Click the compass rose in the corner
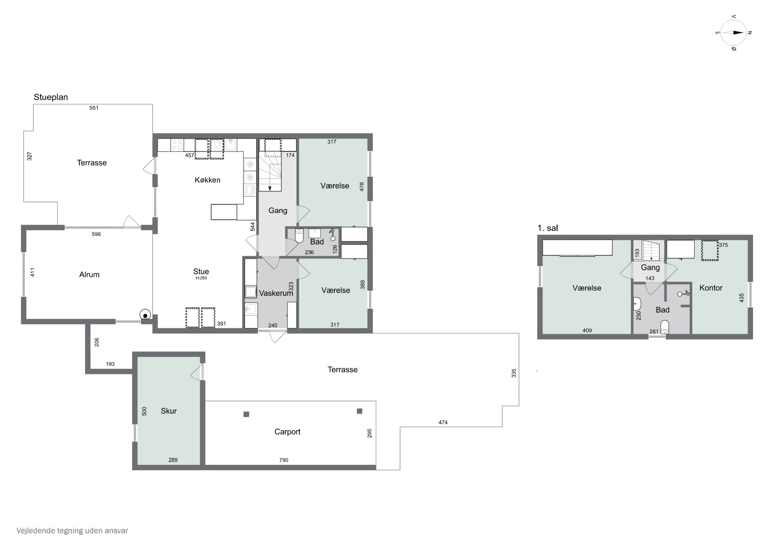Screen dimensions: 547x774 (733, 33)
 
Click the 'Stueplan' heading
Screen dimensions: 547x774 (51, 97)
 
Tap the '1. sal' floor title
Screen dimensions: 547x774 (547, 228)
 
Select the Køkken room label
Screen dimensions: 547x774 (207, 180)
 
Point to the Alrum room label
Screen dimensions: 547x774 (89, 275)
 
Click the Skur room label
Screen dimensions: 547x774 (168, 411)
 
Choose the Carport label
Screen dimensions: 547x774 (287, 432)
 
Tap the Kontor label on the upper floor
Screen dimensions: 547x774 (711, 288)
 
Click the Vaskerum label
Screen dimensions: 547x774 (276, 293)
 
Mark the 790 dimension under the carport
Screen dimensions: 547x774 (284, 460)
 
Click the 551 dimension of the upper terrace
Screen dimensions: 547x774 (94, 108)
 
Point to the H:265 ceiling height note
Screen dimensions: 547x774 (201, 278)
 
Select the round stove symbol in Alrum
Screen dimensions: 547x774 (145, 315)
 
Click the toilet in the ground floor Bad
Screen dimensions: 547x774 (299, 236)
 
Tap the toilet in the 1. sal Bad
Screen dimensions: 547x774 (664, 327)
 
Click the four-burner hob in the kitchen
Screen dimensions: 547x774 (177, 145)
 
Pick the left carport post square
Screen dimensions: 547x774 (246, 414)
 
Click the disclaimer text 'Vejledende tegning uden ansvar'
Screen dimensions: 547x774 (72, 530)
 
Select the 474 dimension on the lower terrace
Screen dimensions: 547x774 (443, 422)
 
